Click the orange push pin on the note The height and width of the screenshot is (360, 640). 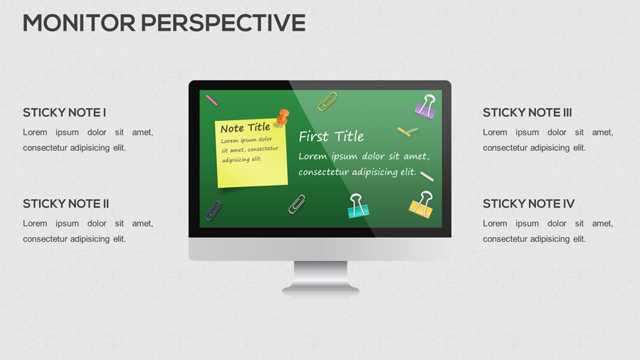pos(283,116)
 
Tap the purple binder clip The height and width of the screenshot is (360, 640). pos(426,106)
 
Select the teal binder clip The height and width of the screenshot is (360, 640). pos(357,206)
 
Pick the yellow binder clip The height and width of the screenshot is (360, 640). pos(421,205)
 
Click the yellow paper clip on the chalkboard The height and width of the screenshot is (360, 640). pos(327,102)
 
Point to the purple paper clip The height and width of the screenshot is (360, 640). pos(214,210)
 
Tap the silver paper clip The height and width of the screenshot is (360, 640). pos(297,204)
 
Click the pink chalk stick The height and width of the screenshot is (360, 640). pos(211,100)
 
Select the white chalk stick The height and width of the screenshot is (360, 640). pos(426,176)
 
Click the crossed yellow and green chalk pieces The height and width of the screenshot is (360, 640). pos(408,131)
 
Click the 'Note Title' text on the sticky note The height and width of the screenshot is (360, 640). pos(245,128)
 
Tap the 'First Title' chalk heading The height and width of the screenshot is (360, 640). pos(331,136)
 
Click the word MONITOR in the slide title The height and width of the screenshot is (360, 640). pos(79,23)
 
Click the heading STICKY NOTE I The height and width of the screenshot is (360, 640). pos(64,112)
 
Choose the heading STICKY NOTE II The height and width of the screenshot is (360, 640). pos(65,203)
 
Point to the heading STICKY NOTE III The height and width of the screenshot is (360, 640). pos(527,112)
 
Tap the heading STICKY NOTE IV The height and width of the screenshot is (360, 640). pos(528,203)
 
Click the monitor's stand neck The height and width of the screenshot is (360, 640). pos(320,273)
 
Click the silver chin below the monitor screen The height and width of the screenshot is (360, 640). pos(320,248)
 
